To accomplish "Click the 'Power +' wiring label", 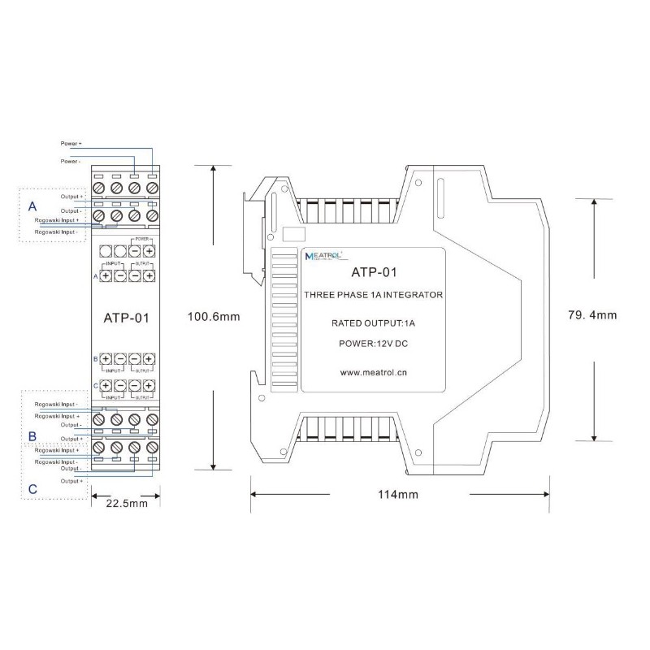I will coord(71,143).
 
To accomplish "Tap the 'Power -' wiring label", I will coord(71,162).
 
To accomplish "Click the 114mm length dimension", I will coord(398,494).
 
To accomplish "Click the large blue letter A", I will coord(32,205).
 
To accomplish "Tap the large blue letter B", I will coord(32,436).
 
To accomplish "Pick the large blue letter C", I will coord(32,488).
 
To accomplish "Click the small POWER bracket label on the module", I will coord(141,240).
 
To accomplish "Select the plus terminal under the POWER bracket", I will coord(149,252).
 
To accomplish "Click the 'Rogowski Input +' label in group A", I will coord(56,219).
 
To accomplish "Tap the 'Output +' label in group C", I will coord(71,481).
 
